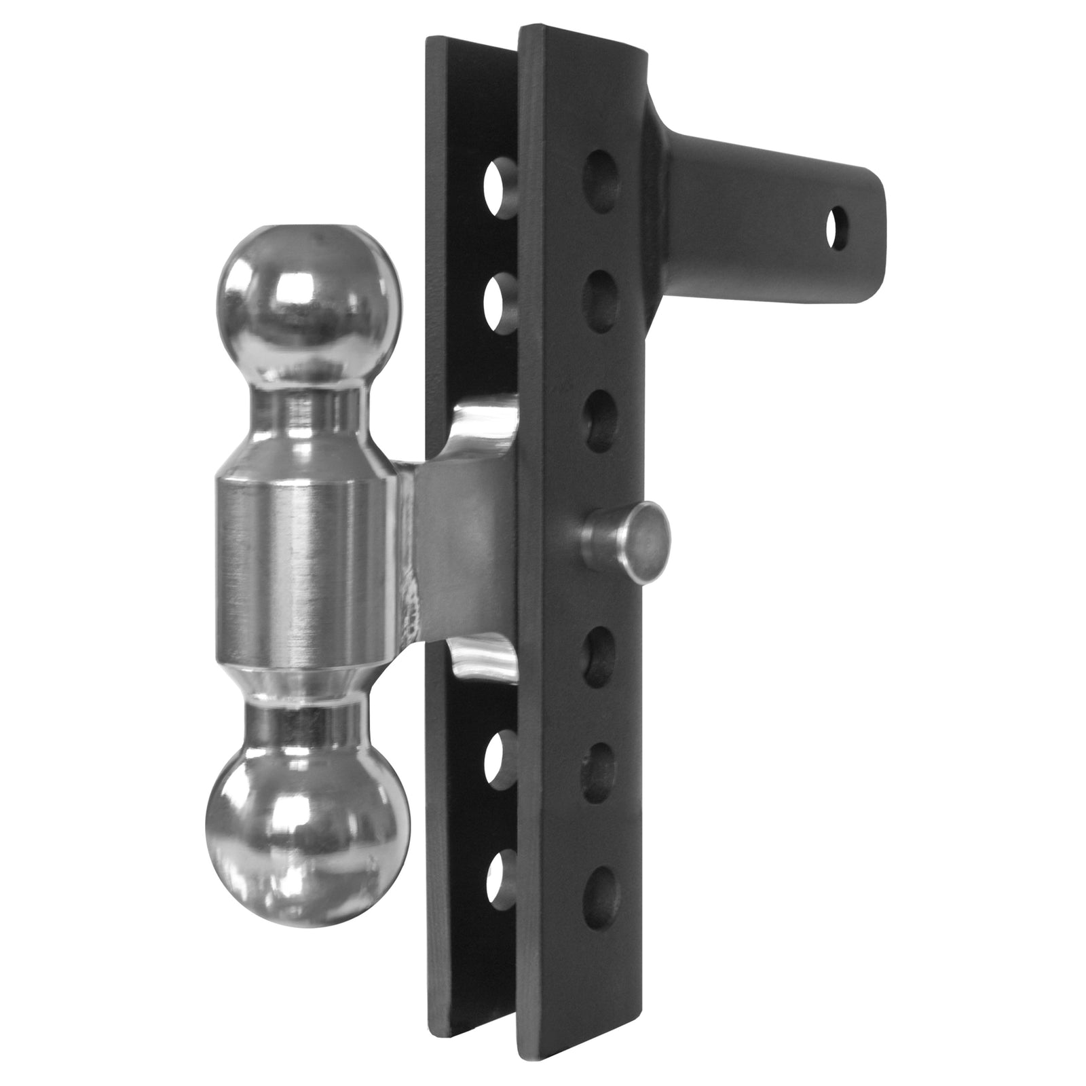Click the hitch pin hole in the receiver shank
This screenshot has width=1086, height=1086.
[x=839, y=228]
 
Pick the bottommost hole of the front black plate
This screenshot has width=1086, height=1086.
[x=601, y=896]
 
